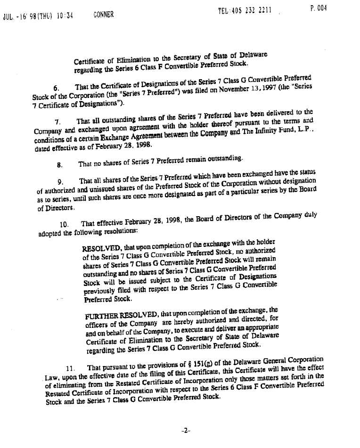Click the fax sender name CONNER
103,14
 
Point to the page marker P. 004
319,8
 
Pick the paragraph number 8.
59,164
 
